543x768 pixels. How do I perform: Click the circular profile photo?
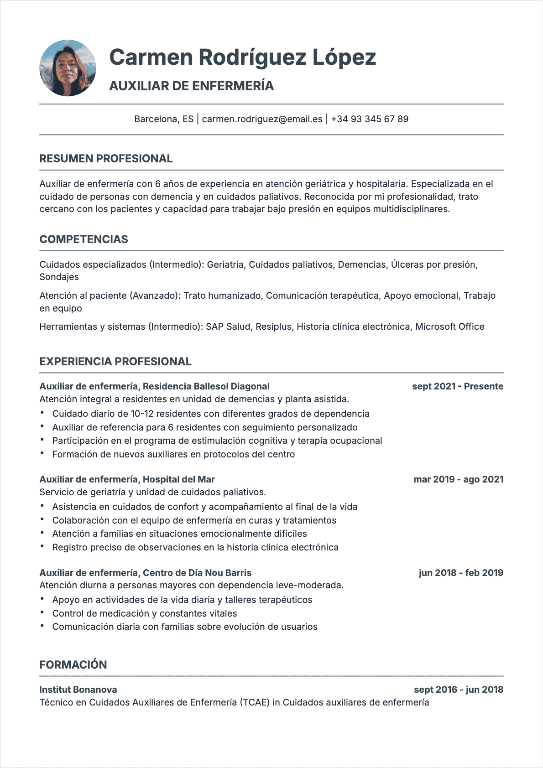coord(68,68)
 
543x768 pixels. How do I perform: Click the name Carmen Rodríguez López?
coord(242,57)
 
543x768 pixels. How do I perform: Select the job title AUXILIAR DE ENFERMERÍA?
coord(191,86)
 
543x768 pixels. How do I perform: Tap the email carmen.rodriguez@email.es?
coord(262,119)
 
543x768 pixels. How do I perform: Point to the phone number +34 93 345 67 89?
coord(370,119)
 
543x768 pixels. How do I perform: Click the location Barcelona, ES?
coord(164,119)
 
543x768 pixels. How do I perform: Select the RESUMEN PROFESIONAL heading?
coord(106,159)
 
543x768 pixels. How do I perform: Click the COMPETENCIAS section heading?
coord(84,239)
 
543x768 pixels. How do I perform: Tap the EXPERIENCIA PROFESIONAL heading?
coord(115,362)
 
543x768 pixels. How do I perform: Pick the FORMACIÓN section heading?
coord(73,665)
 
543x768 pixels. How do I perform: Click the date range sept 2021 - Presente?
coord(457,386)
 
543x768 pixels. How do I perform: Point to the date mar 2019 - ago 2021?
coord(458,479)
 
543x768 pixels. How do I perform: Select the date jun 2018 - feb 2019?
coord(461,573)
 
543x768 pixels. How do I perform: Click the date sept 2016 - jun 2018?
coord(458,690)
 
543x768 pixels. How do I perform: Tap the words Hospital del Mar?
coord(178,479)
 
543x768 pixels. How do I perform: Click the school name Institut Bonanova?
coord(78,690)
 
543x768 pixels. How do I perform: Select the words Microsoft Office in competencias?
coord(449,327)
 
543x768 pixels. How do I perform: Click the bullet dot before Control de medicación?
coord(42,612)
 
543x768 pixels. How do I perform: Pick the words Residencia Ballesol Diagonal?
coord(206,386)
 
